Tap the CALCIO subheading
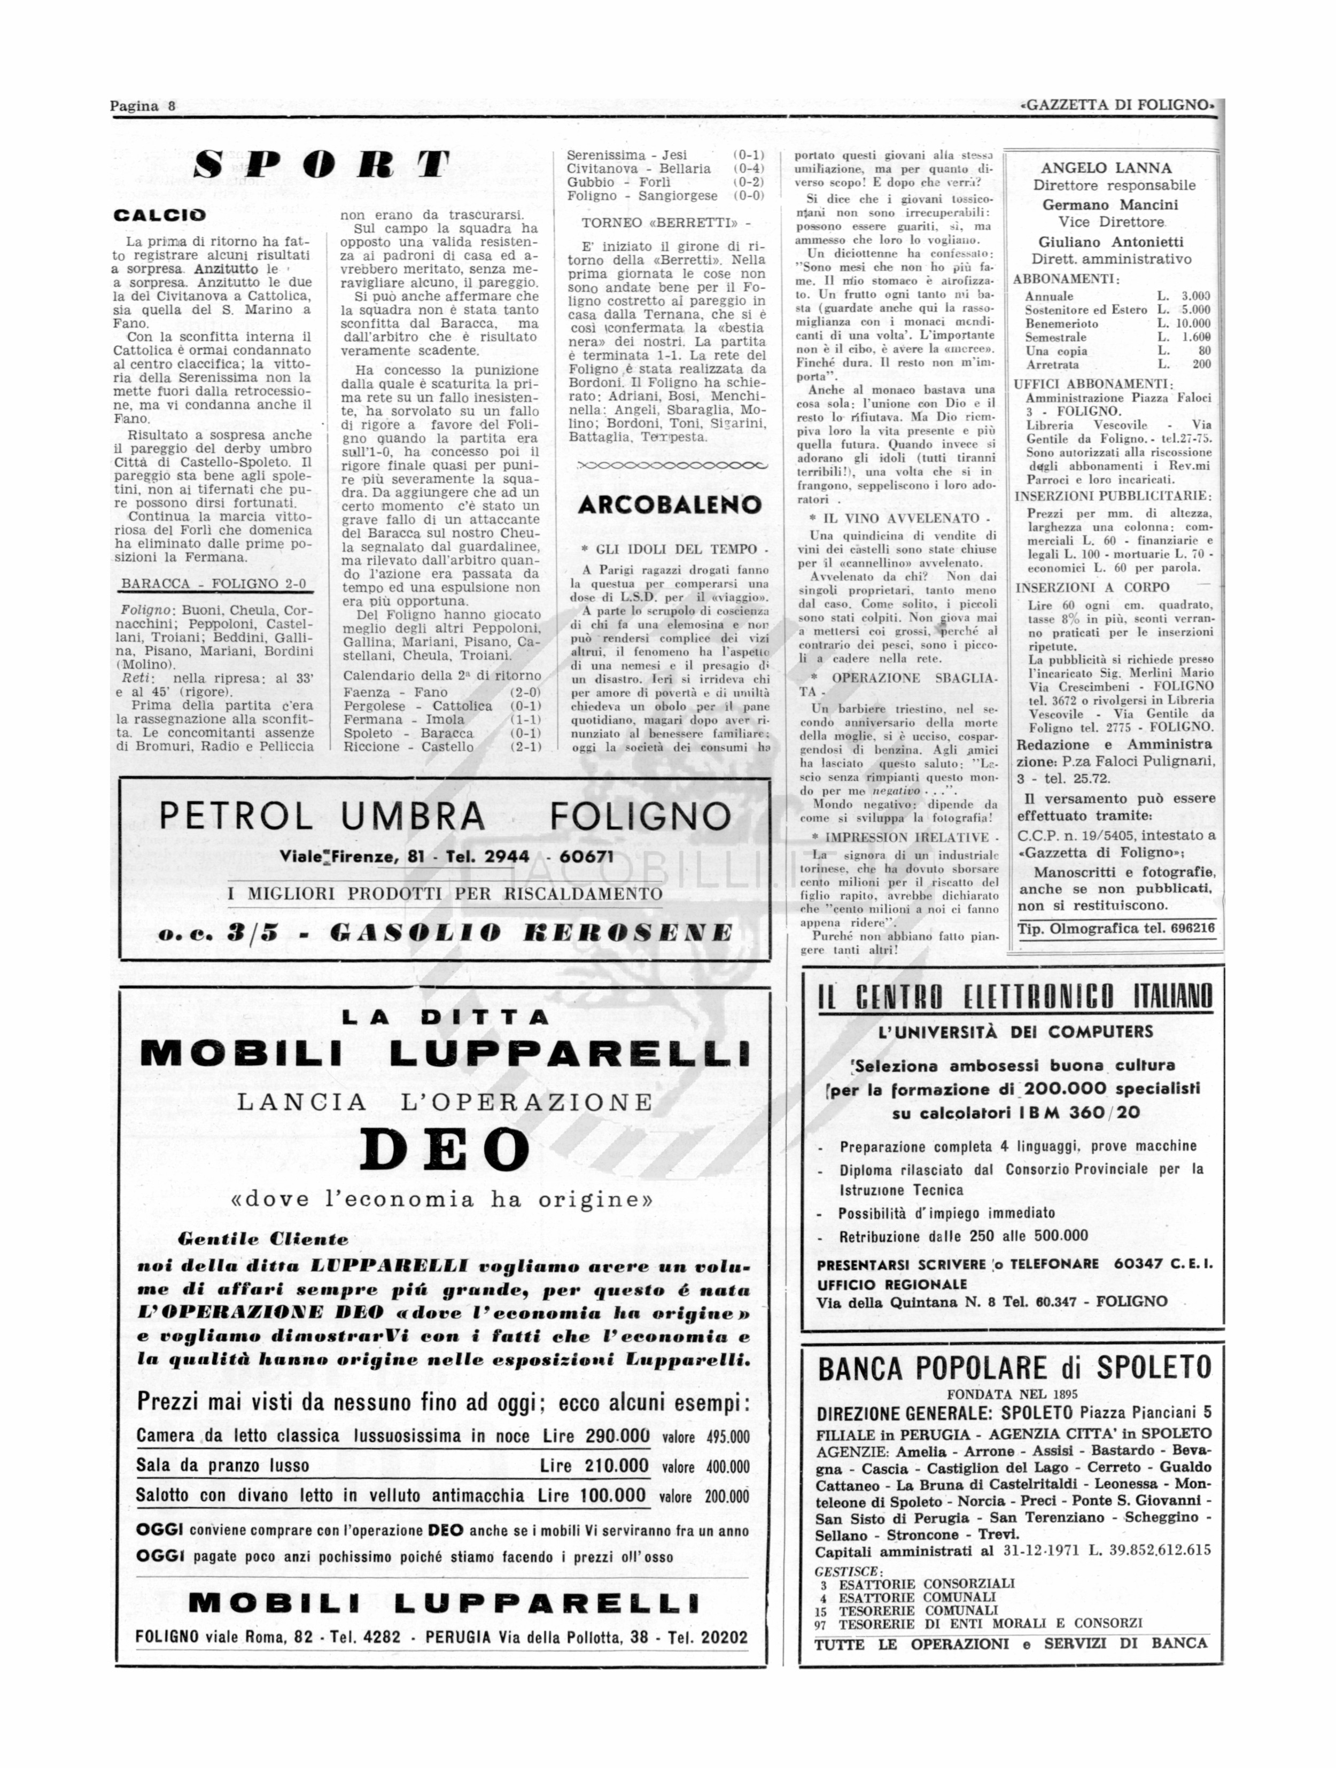160,215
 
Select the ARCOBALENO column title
669,505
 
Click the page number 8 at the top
171,106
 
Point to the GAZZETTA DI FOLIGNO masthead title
1116,105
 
